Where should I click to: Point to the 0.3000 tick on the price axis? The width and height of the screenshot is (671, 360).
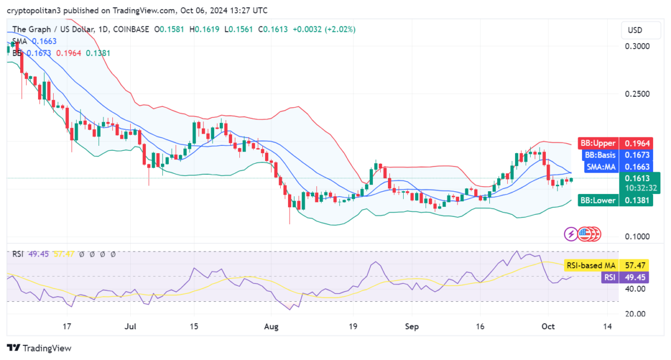(637, 46)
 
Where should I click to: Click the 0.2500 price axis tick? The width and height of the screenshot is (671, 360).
(637, 93)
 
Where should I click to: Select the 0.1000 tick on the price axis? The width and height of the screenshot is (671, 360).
(637, 236)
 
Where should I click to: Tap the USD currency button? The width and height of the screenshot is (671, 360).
(635, 30)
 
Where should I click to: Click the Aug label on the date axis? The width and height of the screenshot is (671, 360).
(272, 326)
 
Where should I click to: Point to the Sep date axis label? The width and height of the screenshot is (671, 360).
(412, 326)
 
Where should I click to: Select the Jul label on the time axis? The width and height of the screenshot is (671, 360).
(131, 326)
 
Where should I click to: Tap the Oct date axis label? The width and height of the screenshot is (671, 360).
(549, 326)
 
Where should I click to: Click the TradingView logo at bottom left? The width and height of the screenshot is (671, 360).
(39, 348)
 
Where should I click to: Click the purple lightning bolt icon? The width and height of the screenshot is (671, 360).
(571, 234)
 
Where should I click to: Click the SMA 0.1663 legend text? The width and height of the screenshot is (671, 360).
(35, 41)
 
